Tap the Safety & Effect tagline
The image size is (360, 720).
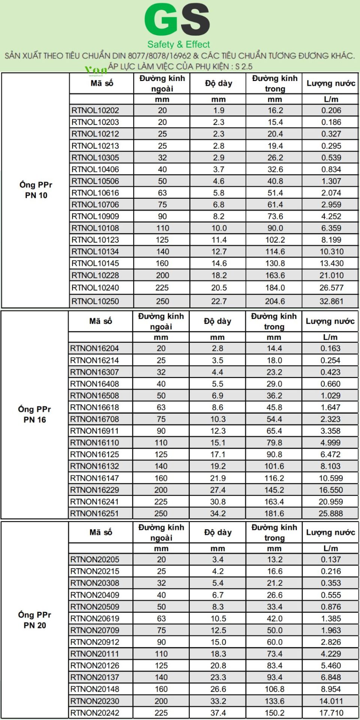click(x=178, y=45)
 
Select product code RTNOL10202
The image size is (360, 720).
click(x=95, y=111)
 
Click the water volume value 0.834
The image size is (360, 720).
click(x=331, y=169)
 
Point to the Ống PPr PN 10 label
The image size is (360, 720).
click(x=36, y=190)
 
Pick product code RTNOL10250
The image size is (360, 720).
click(x=95, y=301)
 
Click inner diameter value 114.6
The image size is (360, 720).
click(x=275, y=252)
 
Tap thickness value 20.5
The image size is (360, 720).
click(x=219, y=288)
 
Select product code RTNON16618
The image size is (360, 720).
click(x=94, y=408)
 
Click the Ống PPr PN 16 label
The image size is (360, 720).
click(x=34, y=414)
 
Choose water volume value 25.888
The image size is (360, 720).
click(x=331, y=514)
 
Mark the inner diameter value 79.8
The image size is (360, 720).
click(x=274, y=443)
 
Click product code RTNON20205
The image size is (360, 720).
click(x=95, y=560)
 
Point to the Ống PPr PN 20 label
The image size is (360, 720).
click(x=35, y=620)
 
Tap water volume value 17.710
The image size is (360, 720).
click(x=331, y=713)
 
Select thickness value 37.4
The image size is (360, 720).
click(x=218, y=713)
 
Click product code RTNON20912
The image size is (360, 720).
click(x=95, y=642)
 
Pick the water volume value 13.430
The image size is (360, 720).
click(x=331, y=264)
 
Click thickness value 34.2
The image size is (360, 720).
click(x=218, y=514)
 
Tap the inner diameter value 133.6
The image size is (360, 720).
click(x=275, y=701)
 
